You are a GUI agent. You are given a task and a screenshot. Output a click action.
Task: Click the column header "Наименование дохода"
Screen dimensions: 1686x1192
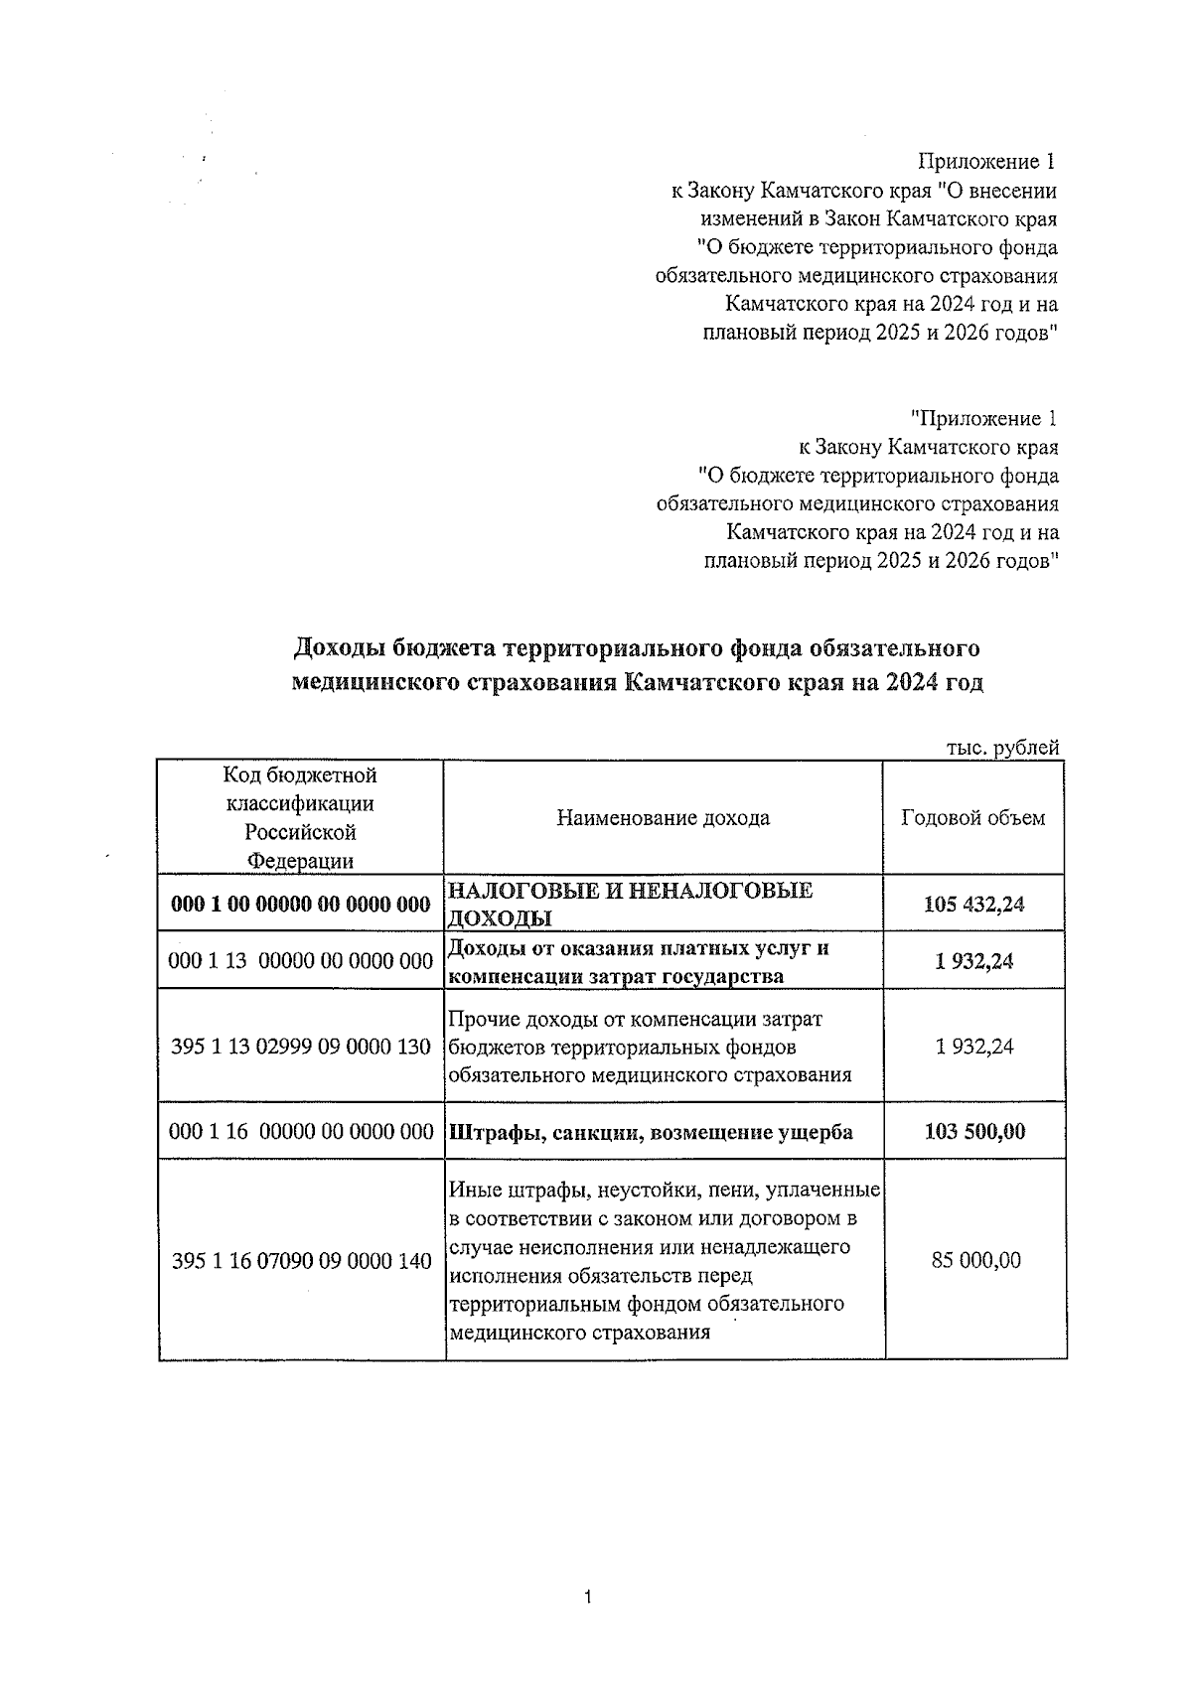tap(663, 818)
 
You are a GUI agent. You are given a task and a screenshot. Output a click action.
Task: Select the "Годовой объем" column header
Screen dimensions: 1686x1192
tap(972, 818)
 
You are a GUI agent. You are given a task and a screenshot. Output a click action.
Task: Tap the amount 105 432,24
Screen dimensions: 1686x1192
tap(973, 904)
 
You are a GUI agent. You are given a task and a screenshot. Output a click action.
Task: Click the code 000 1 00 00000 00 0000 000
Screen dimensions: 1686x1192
tap(301, 904)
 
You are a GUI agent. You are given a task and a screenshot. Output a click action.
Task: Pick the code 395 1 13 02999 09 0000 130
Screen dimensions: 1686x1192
tap(301, 1046)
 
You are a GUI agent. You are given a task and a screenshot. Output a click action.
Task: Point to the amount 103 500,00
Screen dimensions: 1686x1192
tap(973, 1131)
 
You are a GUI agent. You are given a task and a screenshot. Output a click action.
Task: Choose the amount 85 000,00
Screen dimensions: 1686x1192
tap(975, 1260)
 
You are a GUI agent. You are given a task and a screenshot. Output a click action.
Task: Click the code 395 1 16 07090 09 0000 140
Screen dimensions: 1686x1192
tap(301, 1261)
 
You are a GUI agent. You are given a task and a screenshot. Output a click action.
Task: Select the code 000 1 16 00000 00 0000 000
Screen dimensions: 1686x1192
tap(301, 1131)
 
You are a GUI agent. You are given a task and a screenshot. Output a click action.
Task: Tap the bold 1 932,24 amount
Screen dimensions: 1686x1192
tap(973, 960)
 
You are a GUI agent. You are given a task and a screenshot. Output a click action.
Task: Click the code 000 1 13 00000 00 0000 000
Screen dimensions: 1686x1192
tap(301, 960)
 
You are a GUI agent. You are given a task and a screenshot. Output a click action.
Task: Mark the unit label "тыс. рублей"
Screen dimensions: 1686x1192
tap(1000, 748)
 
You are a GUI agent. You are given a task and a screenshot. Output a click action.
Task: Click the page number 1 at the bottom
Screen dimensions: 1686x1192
tap(589, 1599)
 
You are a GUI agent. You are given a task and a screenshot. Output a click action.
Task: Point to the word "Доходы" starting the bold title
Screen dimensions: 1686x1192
tap(338, 649)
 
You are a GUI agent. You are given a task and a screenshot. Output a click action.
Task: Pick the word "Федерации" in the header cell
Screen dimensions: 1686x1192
tap(300, 861)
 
